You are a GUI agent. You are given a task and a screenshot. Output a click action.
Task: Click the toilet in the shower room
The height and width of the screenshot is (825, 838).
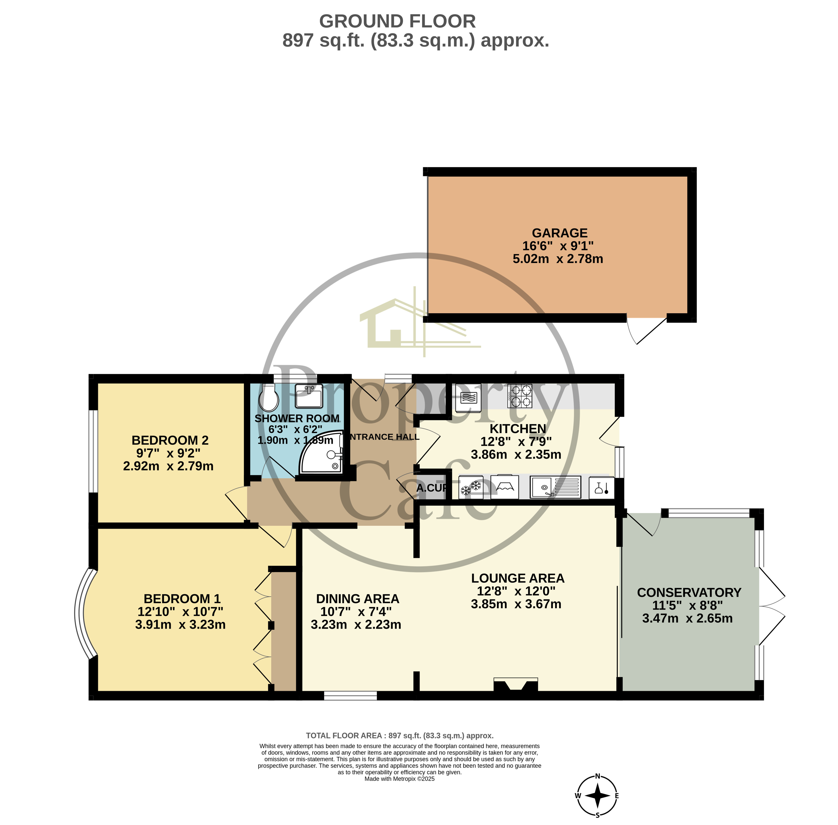[268, 399]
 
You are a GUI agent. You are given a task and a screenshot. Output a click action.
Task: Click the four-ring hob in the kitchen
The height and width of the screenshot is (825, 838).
[520, 396]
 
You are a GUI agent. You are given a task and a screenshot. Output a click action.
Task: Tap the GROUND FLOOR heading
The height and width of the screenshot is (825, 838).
[397, 21]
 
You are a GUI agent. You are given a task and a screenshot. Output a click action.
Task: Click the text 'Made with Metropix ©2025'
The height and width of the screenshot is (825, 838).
[399, 779]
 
